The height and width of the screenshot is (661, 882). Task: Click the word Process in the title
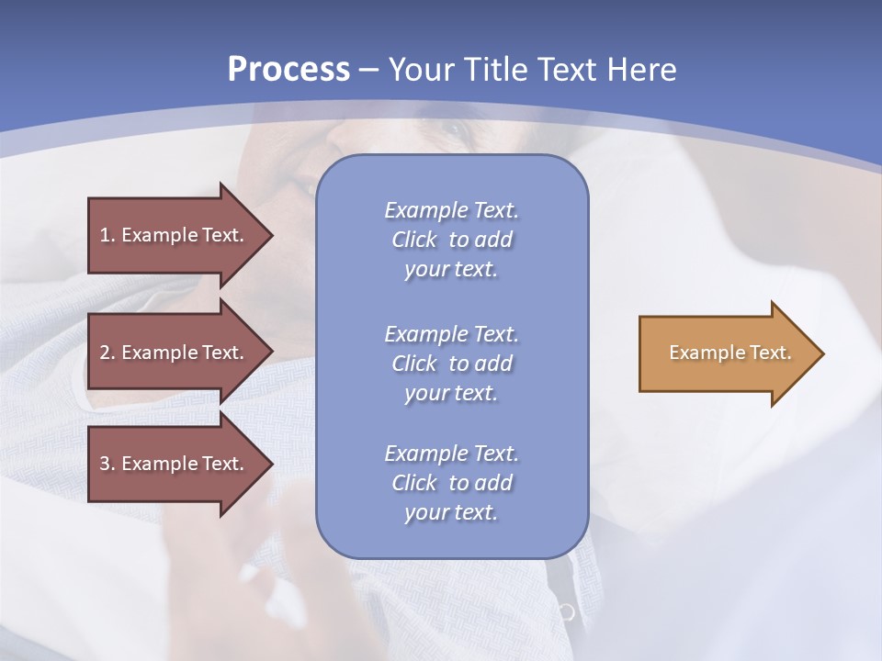tap(288, 69)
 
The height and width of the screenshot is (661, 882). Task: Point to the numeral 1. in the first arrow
tap(107, 235)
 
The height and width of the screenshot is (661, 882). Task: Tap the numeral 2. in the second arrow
tap(107, 353)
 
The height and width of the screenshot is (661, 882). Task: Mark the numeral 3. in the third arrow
tap(107, 464)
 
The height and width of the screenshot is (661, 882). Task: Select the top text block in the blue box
tap(451, 240)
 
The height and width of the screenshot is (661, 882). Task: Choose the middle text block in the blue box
tap(451, 363)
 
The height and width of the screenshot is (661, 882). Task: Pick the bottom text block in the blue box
tap(451, 482)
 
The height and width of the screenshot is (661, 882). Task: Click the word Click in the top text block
tap(414, 240)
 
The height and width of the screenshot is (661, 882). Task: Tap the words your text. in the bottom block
tap(451, 512)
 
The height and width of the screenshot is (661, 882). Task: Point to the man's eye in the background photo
tap(450, 131)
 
